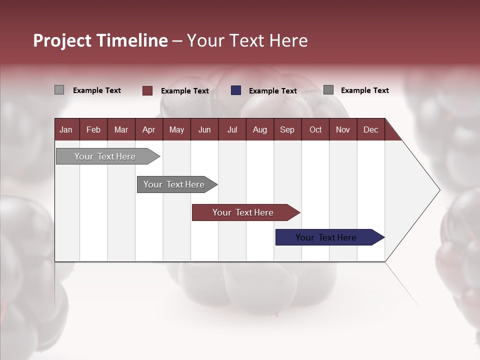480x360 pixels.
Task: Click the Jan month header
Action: pos(66,130)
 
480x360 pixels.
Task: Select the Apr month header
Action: pos(148,130)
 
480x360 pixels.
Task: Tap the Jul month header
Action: pos(232,130)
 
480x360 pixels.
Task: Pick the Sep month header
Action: pos(287,130)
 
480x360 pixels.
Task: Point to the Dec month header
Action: pos(370,130)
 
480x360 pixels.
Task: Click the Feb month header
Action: pos(93,130)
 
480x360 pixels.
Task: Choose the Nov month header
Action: pos(342,130)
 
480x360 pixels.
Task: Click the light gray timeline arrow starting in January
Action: pos(105,156)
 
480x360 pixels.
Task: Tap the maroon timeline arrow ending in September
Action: pos(243,212)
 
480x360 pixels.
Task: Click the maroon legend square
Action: pos(147,90)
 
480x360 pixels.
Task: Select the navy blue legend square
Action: pos(236,90)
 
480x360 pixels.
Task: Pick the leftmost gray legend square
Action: pos(59,90)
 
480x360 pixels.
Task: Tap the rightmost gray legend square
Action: pos(328,90)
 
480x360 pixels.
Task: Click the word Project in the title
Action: pos(62,40)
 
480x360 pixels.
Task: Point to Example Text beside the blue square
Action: pos(272,91)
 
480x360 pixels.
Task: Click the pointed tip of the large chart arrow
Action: pos(438,190)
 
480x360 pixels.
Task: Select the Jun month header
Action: pos(204,130)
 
